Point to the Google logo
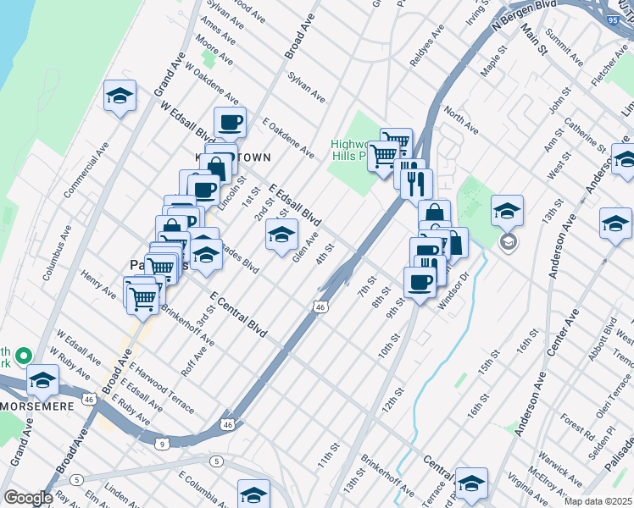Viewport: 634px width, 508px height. point(27,498)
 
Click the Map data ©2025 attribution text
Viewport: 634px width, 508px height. point(598,501)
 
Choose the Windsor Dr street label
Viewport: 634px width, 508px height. point(453,291)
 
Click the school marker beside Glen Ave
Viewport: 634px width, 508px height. point(281,235)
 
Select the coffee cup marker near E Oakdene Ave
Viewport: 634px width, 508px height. point(230,122)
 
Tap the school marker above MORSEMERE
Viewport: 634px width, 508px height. point(42,380)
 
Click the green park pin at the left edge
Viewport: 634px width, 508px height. point(23,356)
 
